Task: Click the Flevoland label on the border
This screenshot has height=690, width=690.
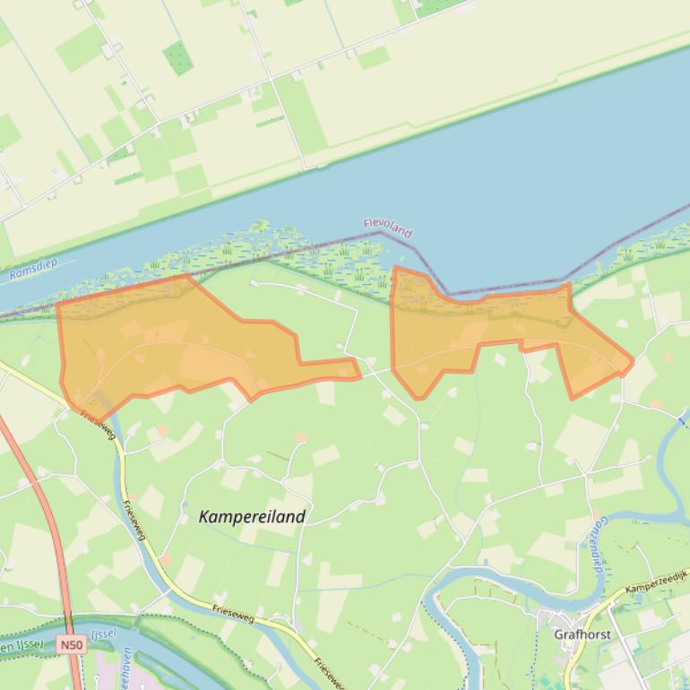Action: point(388,228)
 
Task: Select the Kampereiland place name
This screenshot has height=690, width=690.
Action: point(252,516)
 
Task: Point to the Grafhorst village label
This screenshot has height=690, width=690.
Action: point(582,634)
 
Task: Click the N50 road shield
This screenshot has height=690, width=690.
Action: point(72,644)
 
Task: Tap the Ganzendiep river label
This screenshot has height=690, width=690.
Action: point(596,547)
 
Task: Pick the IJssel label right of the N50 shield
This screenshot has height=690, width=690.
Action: point(103,634)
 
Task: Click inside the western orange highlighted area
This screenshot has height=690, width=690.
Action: point(161,341)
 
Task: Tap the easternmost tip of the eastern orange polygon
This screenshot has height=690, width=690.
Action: point(634,362)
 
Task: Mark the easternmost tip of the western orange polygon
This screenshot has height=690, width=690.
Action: point(360,375)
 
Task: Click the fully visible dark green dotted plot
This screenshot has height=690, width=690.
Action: point(177,57)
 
